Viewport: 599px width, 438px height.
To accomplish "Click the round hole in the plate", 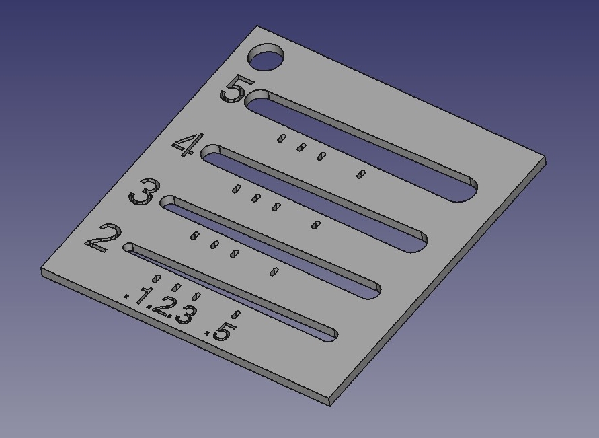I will tap(267, 59).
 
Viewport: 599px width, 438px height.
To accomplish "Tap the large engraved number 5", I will tap(236, 89).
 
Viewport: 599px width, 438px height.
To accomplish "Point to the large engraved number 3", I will tap(144, 192).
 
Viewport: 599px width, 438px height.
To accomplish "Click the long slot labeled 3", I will tap(269, 247).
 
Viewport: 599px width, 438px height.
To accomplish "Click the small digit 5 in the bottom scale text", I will tap(223, 329).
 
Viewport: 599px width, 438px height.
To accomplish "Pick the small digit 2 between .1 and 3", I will tap(161, 305).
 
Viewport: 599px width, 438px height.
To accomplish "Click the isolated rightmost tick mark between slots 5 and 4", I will tap(360, 174).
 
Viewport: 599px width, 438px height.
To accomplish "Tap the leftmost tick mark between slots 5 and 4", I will tap(282, 138).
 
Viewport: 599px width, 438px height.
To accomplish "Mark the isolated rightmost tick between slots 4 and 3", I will tap(314, 224).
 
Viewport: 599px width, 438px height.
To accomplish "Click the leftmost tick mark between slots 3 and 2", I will tap(194, 235).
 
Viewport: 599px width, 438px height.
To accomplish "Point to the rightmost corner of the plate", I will tap(544, 161).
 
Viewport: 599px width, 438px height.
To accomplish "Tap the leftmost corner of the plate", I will tap(42, 271).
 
